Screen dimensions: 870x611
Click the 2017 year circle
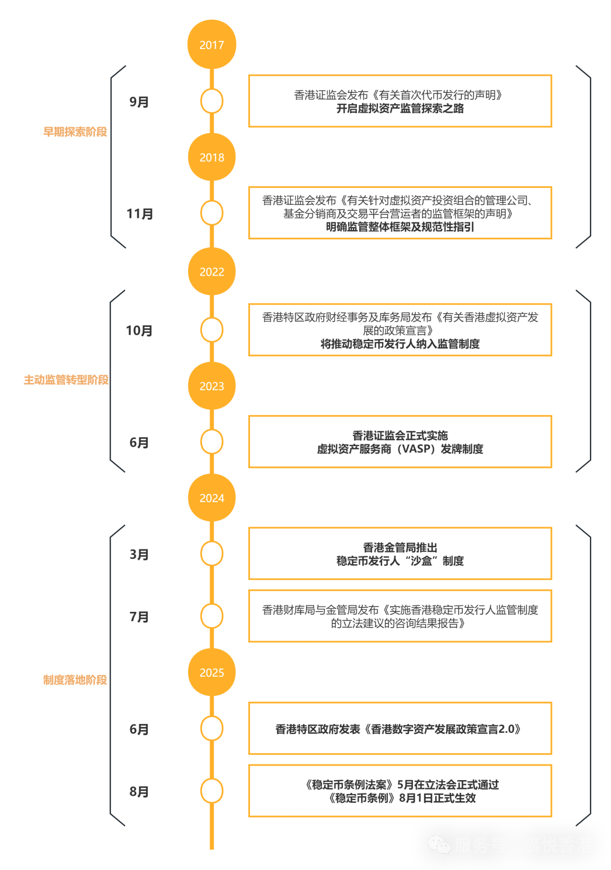(211, 44)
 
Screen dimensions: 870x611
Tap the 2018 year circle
(211, 157)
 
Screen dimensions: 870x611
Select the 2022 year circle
(211, 272)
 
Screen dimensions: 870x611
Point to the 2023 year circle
(211, 386)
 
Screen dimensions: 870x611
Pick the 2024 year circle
(211, 498)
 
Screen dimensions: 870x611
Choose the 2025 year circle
(211, 673)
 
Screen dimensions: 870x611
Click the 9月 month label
(139, 102)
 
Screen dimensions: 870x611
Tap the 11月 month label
(140, 214)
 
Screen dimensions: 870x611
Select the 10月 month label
(139, 330)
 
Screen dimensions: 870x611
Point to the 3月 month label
(139, 554)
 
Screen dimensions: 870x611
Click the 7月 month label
(139, 617)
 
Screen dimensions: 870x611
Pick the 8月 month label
(139, 791)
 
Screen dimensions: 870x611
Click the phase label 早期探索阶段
(75, 132)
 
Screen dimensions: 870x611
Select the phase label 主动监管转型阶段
(66, 380)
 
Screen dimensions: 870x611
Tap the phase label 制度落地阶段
(75, 680)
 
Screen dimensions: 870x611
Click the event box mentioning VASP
(400, 442)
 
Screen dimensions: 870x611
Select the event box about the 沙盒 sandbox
(400, 554)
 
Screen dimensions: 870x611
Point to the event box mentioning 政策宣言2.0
(400, 729)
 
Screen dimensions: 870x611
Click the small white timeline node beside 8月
(211, 791)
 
